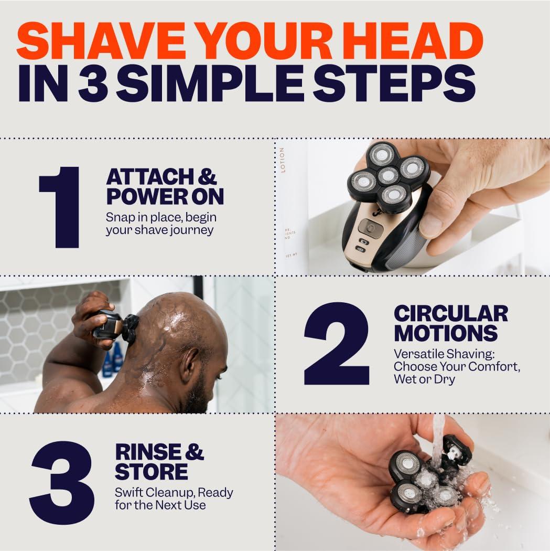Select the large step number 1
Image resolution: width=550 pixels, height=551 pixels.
point(59,207)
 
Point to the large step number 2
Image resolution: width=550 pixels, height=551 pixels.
point(336,344)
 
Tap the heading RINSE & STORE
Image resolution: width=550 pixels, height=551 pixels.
point(159,462)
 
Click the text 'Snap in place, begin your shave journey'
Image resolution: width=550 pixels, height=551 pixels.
point(161,224)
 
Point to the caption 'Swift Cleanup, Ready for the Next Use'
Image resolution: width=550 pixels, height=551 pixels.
point(174,499)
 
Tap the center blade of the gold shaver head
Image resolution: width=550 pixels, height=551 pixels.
point(388,175)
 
